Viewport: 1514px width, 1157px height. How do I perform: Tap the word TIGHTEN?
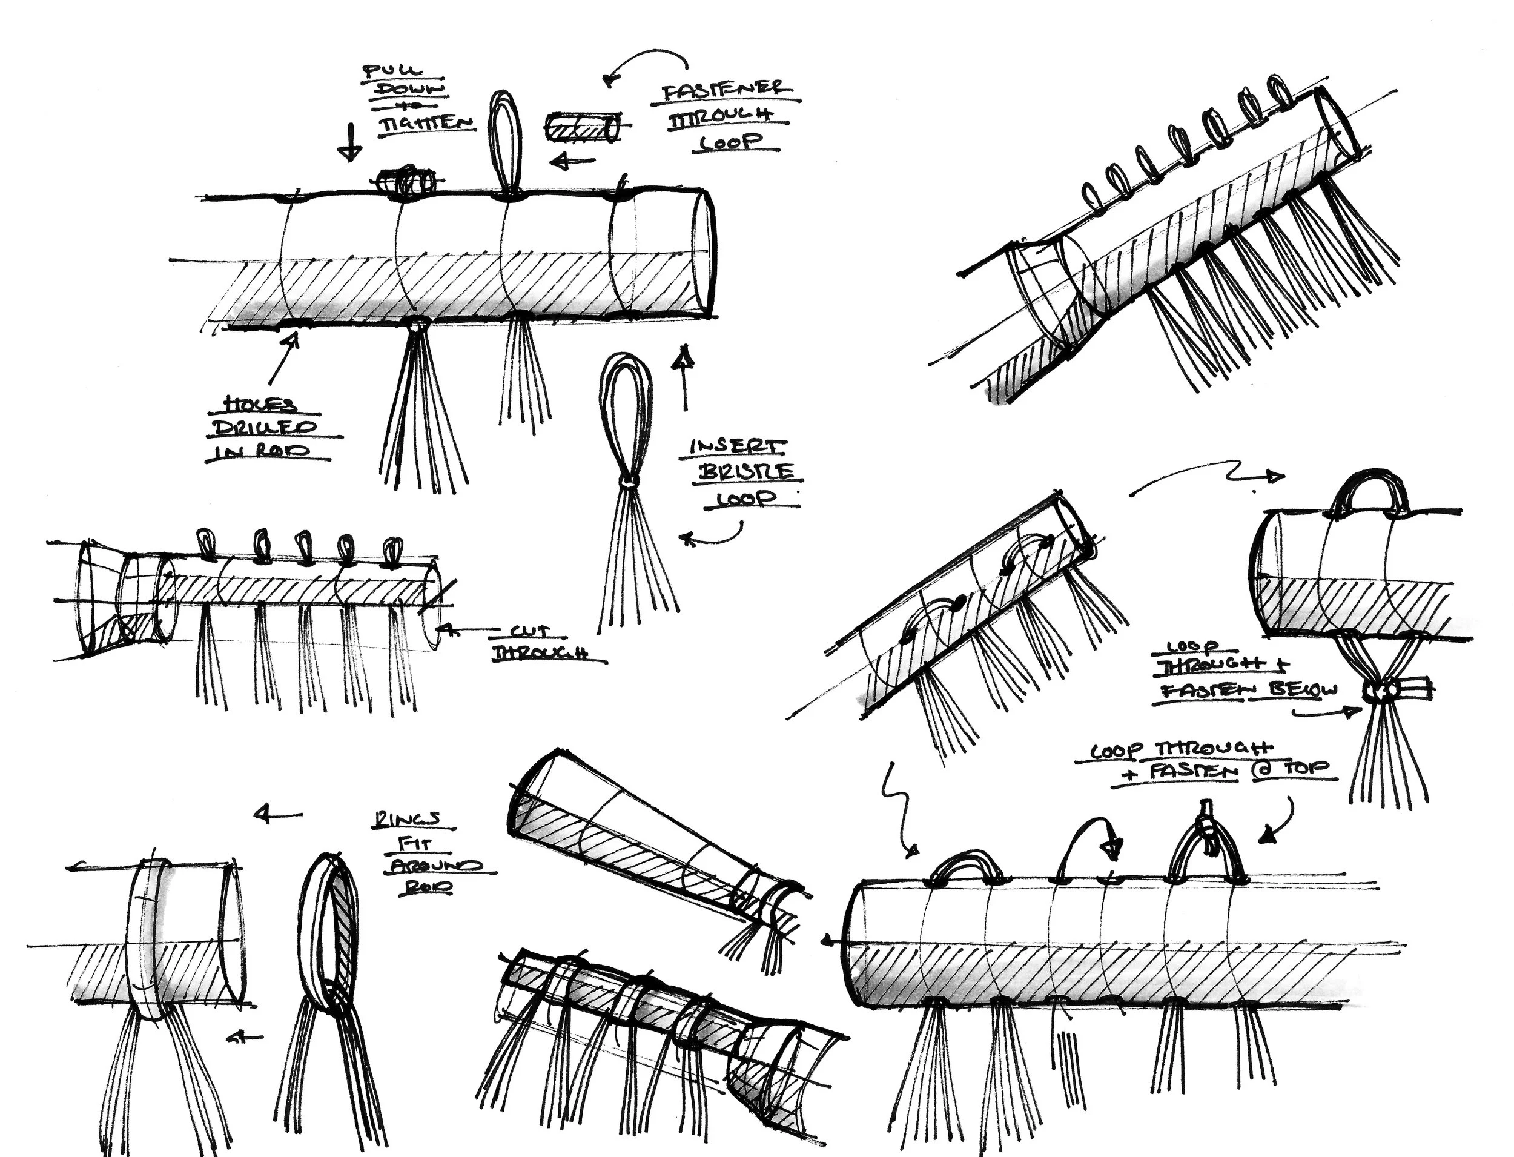click(x=427, y=124)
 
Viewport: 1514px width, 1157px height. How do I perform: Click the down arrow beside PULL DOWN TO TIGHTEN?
click(x=351, y=142)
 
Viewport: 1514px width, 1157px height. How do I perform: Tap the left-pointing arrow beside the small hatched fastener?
click(x=573, y=162)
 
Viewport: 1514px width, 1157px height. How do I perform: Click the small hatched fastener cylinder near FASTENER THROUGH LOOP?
click(x=582, y=129)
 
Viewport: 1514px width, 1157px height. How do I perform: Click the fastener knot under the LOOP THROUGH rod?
click(x=1384, y=689)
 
